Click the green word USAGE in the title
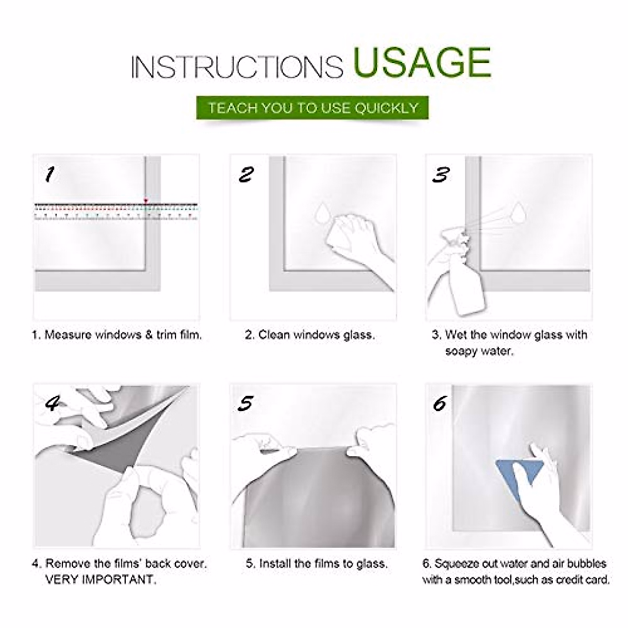(x=422, y=62)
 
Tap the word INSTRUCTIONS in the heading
(x=237, y=67)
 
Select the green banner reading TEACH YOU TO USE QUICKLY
(x=312, y=108)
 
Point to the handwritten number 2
(x=246, y=174)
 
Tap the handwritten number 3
(x=441, y=174)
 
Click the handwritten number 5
(x=245, y=403)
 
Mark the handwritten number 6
(x=440, y=404)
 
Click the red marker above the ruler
(x=145, y=200)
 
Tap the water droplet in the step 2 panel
(x=322, y=212)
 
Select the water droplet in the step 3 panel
(x=518, y=212)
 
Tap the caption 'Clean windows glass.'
(x=316, y=335)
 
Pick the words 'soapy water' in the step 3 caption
(x=479, y=351)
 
